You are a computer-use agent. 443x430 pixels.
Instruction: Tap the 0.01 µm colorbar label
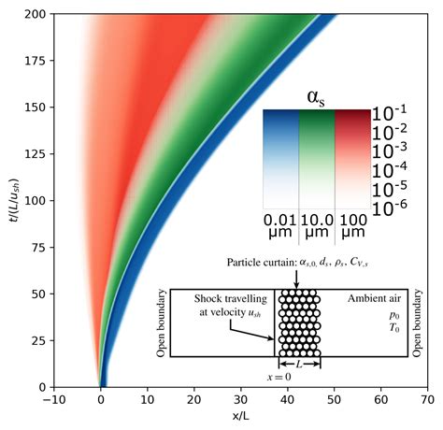(280, 226)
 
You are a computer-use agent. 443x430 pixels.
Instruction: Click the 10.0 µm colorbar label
(317, 226)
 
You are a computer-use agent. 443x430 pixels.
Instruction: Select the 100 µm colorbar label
(352, 226)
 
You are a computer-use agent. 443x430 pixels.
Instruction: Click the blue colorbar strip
(280, 158)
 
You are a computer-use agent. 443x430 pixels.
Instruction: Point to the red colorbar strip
(352, 158)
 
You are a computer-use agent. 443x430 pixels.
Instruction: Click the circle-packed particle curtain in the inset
(298, 322)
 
